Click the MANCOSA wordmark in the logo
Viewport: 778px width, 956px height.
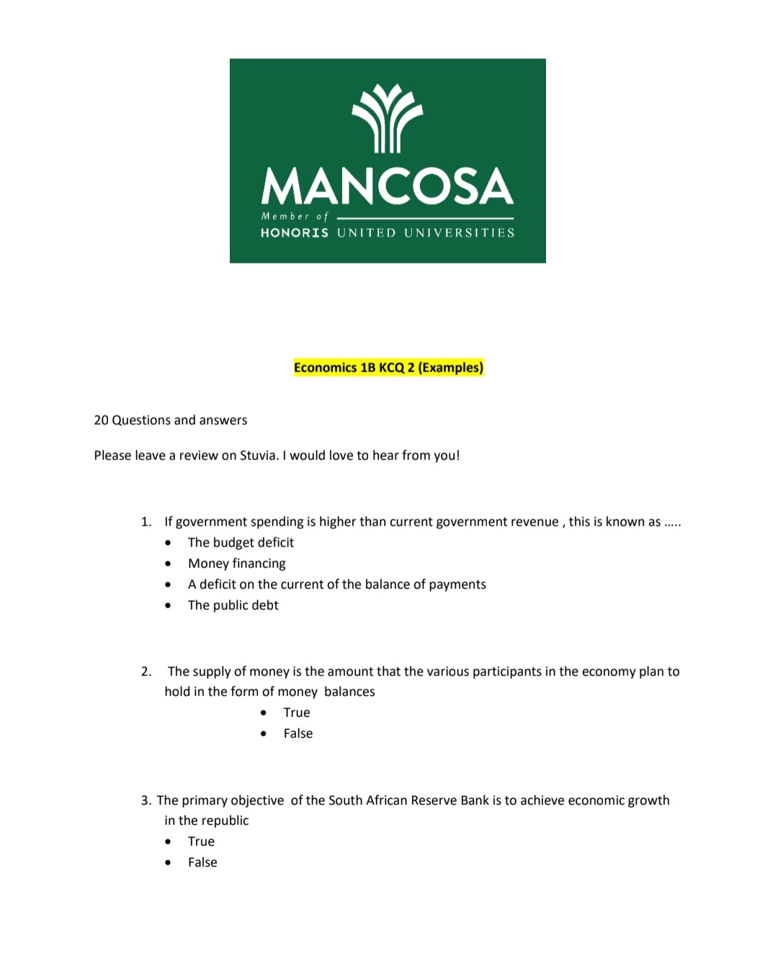click(x=388, y=186)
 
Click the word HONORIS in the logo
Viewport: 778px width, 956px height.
click(x=295, y=233)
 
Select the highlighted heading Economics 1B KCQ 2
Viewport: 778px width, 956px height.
click(x=388, y=367)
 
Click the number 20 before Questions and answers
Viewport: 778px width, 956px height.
click(x=101, y=420)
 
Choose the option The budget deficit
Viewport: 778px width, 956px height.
click(x=241, y=542)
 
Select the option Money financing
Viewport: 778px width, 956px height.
click(x=236, y=563)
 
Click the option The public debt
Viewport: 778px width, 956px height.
click(x=233, y=605)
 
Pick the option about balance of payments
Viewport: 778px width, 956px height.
click(x=336, y=584)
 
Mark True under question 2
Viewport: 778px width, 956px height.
click(x=296, y=712)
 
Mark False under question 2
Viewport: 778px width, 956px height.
click(x=298, y=733)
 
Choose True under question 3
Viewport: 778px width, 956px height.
click(x=201, y=841)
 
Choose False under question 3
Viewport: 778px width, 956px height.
click(x=202, y=862)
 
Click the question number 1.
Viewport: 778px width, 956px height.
click(x=146, y=521)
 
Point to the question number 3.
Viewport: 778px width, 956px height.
click(x=146, y=800)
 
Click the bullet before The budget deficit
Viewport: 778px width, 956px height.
click(x=168, y=543)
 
